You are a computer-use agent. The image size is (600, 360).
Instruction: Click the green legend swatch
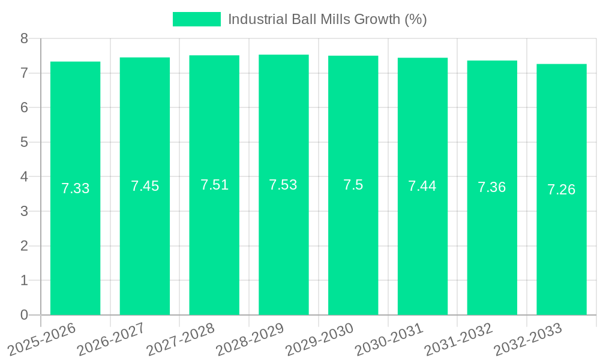(x=196, y=19)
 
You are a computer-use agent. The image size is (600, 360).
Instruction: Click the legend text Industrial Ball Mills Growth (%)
(x=327, y=19)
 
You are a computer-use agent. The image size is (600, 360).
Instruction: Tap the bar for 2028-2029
(x=283, y=240)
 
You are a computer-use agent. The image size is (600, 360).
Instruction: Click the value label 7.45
(x=145, y=186)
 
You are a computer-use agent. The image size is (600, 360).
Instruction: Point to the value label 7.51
(x=214, y=185)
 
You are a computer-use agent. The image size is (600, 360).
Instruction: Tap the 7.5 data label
(x=353, y=185)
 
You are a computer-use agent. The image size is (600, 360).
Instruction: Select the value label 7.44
(x=422, y=186)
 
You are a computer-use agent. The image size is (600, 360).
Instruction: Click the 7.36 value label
(x=492, y=187)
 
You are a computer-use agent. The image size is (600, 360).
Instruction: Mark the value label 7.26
(x=561, y=190)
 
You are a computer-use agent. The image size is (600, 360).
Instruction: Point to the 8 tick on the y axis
(x=25, y=38)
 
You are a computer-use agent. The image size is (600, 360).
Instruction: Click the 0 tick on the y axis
(x=25, y=315)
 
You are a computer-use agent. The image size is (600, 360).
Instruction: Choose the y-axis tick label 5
(x=25, y=142)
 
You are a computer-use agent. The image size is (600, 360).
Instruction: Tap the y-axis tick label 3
(x=25, y=211)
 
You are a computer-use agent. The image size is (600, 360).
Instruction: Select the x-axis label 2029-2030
(x=320, y=340)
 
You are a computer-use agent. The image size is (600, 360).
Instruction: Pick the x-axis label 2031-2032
(x=459, y=340)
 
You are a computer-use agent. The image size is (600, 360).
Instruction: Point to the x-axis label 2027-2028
(x=181, y=340)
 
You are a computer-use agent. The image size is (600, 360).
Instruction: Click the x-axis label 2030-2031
(x=389, y=340)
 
